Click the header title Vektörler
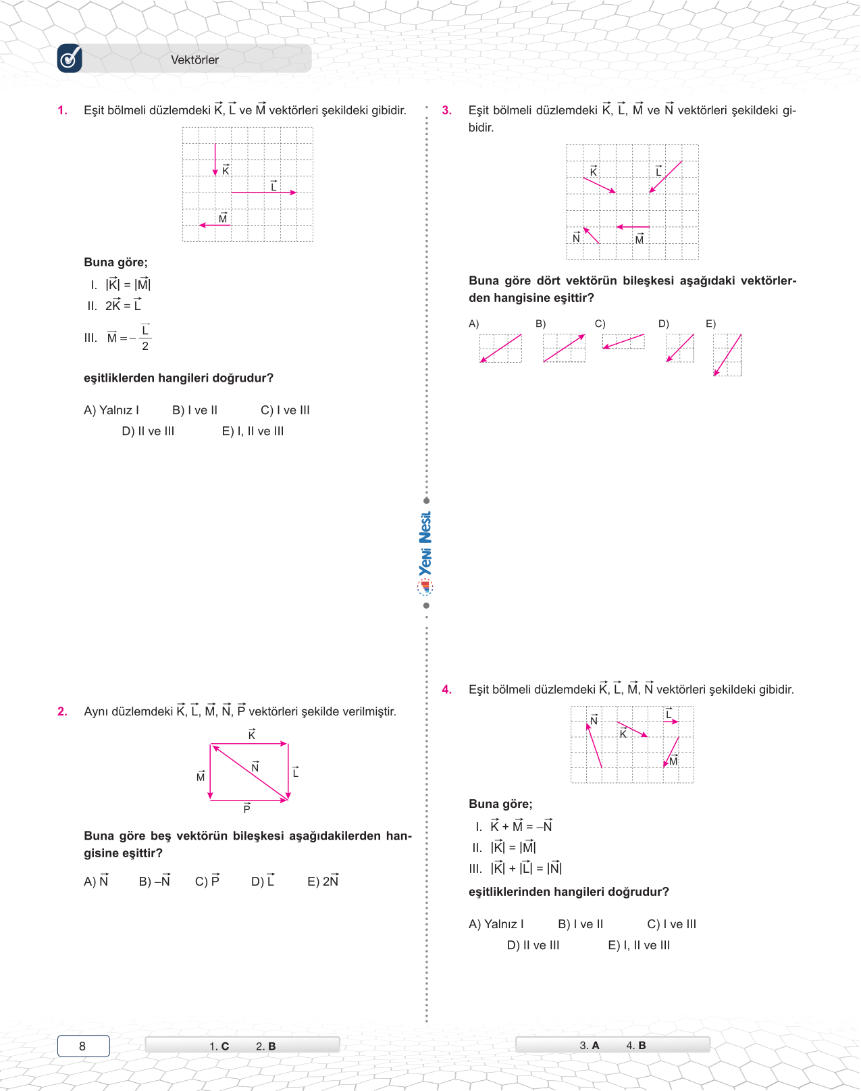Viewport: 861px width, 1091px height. tap(194, 60)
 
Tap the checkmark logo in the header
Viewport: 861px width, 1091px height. tap(70, 59)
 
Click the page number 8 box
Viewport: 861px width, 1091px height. tap(83, 1046)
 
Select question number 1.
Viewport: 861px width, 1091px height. tap(63, 111)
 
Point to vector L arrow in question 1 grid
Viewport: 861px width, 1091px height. tap(263, 193)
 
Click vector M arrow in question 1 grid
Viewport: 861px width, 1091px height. tap(215, 225)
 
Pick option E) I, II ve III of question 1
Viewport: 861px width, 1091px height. tap(253, 431)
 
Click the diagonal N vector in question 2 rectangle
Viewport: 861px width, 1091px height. tap(250, 773)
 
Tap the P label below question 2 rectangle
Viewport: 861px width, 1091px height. tap(247, 809)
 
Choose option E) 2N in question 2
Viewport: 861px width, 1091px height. tap(323, 882)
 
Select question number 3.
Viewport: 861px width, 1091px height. tap(447, 111)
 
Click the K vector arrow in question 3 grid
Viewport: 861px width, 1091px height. tap(600, 185)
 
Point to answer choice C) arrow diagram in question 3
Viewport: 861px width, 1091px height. tap(623, 342)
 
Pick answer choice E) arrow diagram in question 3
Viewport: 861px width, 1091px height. tap(727, 355)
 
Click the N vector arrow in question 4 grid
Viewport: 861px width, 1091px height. tap(594, 746)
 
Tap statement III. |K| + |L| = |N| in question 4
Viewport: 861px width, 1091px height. tap(517, 869)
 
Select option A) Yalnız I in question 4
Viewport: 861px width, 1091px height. tap(496, 924)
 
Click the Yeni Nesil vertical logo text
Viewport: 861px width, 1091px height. tap(425, 544)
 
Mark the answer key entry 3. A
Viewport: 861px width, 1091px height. tap(590, 1046)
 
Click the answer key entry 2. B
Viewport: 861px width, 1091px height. tap(265, 1046)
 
